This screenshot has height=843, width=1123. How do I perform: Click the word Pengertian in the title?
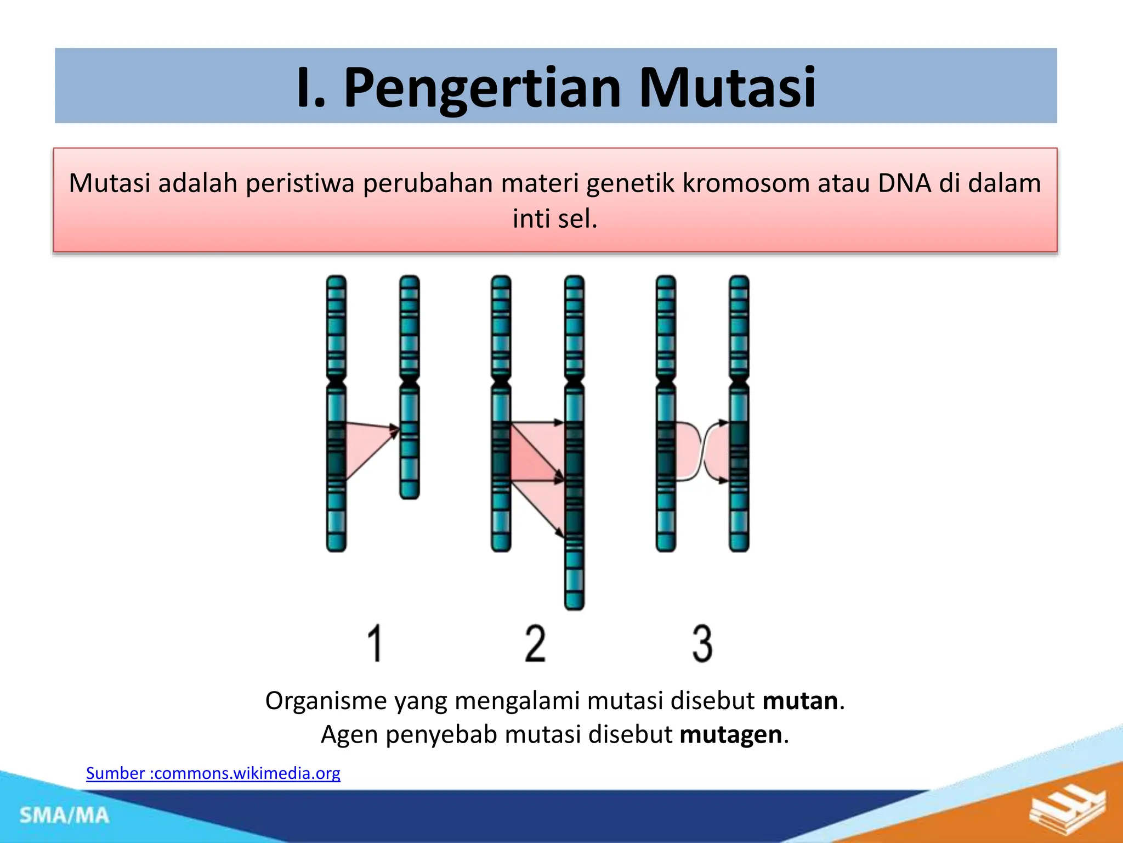(x=483, y=88)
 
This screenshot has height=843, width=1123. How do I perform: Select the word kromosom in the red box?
(x=746, y=183)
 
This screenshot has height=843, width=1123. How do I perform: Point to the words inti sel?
(x=554, y=219)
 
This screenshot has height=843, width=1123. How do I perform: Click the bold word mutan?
(x=800, y=701)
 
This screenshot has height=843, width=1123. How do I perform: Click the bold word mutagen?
(x=730, y=734)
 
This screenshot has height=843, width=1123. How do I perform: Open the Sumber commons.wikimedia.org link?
(x=213, y=773)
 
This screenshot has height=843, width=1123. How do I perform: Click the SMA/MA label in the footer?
(x=65, y=816)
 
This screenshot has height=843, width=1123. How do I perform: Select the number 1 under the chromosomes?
(x=375, y=643)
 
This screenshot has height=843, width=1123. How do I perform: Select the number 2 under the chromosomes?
(x=535, y=643)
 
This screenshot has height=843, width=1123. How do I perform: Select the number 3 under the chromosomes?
(x=702, y=643)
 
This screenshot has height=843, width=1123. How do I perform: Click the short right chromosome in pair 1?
(x=410, y=439)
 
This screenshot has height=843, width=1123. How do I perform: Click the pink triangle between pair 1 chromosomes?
(x=365, y=447)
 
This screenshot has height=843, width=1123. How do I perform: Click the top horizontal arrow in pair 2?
(x=537, y=423)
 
